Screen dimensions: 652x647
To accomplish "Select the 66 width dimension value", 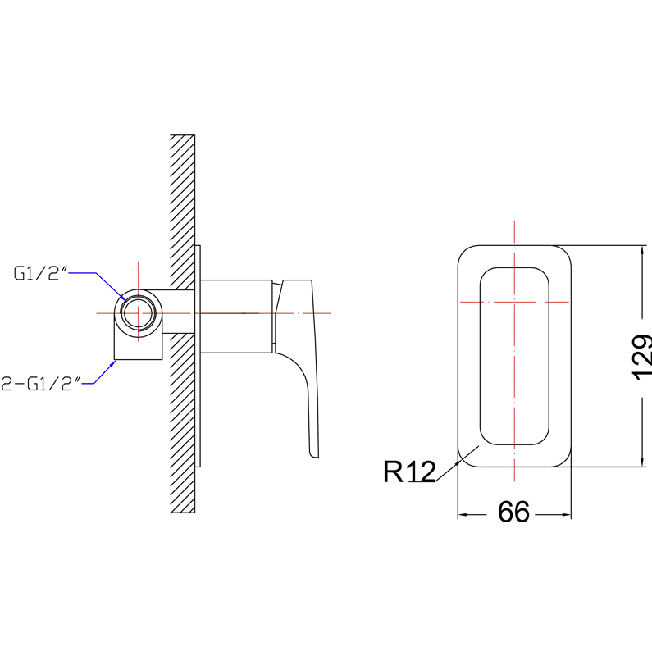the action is coord(513,512).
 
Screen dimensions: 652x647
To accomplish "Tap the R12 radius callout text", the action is coord(409,472).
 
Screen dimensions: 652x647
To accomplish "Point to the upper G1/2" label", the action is coord(41,273).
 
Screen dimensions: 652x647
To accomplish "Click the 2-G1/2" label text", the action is coord(41,384).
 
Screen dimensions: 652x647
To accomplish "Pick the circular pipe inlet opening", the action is coord(138,313).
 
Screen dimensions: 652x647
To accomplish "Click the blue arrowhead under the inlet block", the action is coord(112,364).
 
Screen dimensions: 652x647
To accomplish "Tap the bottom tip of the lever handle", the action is coord(314,456).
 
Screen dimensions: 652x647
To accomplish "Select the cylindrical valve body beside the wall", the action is coord(236,317).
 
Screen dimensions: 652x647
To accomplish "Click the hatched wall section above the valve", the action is coord(183,212).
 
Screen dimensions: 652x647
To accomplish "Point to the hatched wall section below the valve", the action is coord(183,423).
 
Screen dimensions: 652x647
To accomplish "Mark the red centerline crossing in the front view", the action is coord(514,302).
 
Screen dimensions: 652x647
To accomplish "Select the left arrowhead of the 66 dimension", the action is coord(463,515).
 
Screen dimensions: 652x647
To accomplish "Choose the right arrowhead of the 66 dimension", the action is coord(567,515).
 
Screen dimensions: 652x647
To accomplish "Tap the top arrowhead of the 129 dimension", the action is coord(643,250).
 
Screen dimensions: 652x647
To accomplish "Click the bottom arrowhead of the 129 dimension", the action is coord(643,462).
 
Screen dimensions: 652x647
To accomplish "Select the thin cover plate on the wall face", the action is coord(198,356).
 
